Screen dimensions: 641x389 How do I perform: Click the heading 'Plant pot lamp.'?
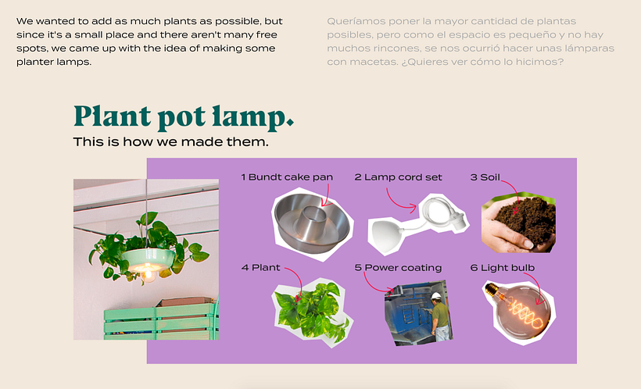pos(184,117)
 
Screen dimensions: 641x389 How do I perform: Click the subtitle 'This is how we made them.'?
pos(171,142)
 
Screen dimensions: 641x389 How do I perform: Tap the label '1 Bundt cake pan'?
pos(287,177)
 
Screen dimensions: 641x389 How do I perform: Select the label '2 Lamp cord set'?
pos(398,177)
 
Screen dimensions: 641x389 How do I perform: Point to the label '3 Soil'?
pos(485,177)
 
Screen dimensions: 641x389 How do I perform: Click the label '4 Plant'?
pos(261,268)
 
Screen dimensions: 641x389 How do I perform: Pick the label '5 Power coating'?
pos(398,268)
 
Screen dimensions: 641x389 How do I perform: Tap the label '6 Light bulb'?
pos(503,268)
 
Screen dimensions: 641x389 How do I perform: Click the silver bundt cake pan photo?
pos(312,224)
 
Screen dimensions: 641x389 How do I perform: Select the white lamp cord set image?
pos(417,224)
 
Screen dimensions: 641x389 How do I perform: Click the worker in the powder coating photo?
pos(439,316)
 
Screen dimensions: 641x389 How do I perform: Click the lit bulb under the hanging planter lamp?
pos(149,276)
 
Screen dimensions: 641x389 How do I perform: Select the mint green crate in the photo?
pos(159,321)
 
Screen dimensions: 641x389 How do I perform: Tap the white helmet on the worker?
pos(436,295)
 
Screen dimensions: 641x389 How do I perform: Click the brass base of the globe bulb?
pos(492,291)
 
